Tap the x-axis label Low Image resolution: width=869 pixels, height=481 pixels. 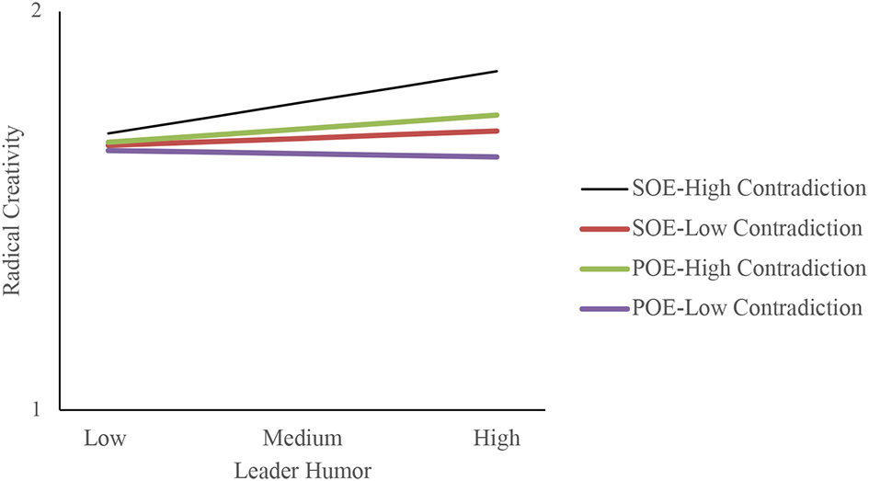(106, 439)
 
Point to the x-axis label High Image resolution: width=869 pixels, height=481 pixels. (497, 439)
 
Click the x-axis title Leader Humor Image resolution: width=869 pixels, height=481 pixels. (303, 470)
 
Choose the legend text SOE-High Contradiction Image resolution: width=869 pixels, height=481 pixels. (749, 189)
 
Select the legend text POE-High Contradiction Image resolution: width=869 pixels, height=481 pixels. (749, 268)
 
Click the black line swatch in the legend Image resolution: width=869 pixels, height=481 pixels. (604, 190)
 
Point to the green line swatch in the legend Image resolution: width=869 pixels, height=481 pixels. (604, 269)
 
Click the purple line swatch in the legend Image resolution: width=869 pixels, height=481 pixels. (604, 308)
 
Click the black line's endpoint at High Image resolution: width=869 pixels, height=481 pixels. (497, 71)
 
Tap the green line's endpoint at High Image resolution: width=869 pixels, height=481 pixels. (497, 115)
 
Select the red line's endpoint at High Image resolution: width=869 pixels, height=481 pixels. (497, 131)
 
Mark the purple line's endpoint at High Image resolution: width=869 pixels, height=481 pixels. (497, 157)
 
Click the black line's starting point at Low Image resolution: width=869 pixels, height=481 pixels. (109, 134)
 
